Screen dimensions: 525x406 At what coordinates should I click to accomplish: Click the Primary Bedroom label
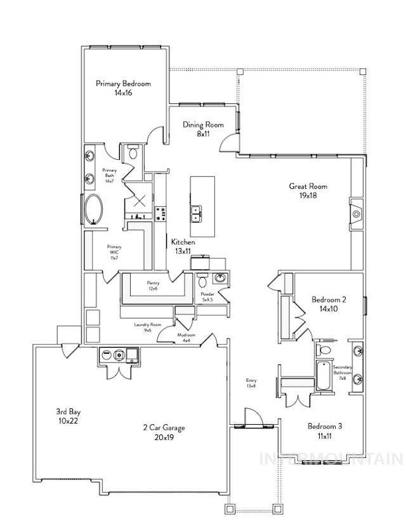point(123,87)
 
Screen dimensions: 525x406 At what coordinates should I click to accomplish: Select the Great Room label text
point(308,191)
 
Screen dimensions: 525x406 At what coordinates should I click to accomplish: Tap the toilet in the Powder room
point(202,280)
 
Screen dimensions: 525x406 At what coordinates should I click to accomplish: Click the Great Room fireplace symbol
point(356,214)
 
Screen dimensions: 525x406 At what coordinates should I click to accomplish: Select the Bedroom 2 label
point(329,304)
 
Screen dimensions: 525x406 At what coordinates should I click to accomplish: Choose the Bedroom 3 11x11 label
point(325,431)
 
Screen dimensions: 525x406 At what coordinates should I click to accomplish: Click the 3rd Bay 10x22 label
point(68,416)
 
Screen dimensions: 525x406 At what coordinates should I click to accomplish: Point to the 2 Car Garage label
point(164,432)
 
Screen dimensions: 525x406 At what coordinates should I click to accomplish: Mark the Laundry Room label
point(147,327)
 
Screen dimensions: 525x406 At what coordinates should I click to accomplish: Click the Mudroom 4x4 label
point(187,337)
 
